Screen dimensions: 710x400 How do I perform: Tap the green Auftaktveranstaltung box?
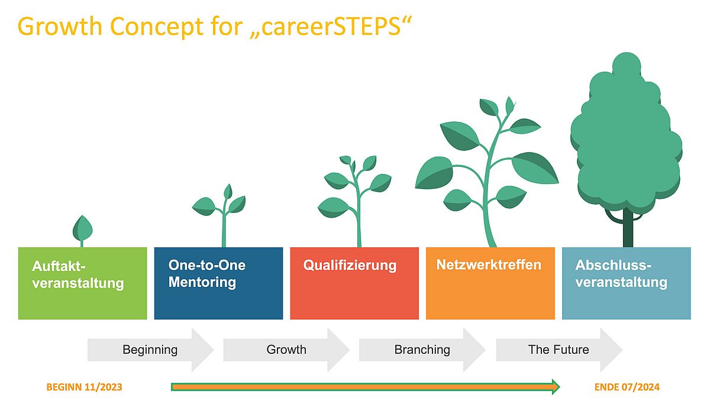pyautogui.click(x=83, y=283)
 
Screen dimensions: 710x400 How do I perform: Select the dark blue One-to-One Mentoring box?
pyautogui.click(x=218, y=283)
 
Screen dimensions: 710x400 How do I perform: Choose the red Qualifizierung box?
pyautogui.click(x=354, y=283)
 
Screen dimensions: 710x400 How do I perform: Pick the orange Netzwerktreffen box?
pyautogui.click(x=490, y=283)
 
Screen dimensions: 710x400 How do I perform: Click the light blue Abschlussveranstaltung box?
pyautogui.click(x=627, y=283)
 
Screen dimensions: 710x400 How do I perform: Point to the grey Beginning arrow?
pyautogui.click(x=150, y=350)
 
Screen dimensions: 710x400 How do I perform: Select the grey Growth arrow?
pyautogui.click(x=286, y=350)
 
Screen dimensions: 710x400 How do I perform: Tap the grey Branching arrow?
pyautogui.click(x=422, y=350)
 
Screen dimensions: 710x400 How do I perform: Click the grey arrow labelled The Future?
pyautogui.click(x=560, y=350)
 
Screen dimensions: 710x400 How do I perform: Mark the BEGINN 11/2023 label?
pyautogui.click(x=84, y=387)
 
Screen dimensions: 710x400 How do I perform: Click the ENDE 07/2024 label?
pyautogui.click(x=627, y=387)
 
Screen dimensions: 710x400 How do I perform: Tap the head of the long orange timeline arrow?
pyautogui.click(x=556, y=387)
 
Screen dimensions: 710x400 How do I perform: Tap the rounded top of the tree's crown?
pyautogui.click(x=627, y=63)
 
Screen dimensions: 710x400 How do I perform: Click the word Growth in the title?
pyautogui.click(x=60, y=27)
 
